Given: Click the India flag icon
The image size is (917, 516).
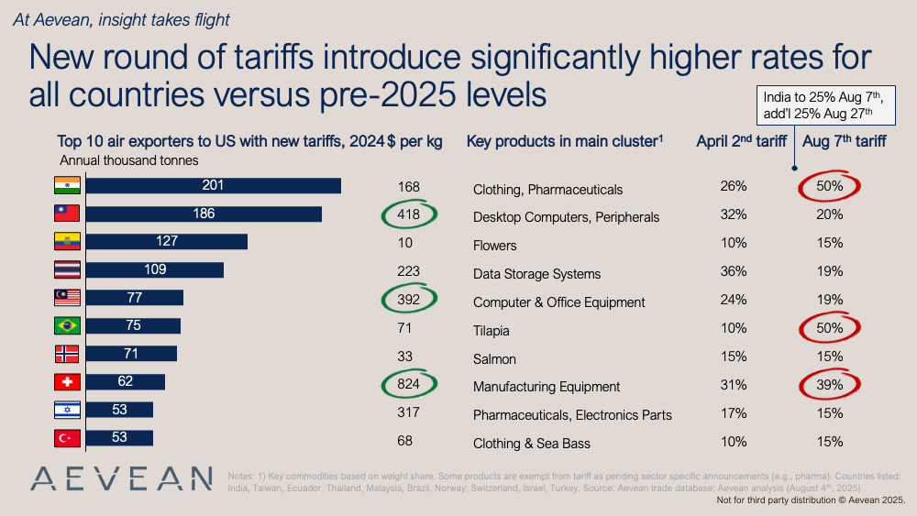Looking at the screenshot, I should click(68, 186).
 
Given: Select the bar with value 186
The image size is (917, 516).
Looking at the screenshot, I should click(204, 214).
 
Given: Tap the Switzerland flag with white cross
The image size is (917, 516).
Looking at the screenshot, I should click(68, 382).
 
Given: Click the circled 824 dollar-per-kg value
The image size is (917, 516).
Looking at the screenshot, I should click(408, 385).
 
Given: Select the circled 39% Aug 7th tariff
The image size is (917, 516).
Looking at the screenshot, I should click(829, 385).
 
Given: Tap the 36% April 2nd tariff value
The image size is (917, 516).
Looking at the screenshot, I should click(734, 273).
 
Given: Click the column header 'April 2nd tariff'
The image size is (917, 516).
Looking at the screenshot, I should click(740, 141).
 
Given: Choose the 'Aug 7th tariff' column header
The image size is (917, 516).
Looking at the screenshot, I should click(844, 141).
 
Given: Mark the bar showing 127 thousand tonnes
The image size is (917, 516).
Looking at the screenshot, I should click(167, 242).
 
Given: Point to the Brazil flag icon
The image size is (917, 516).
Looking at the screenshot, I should click(68, 326).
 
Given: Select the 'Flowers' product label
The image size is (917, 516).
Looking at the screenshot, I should click(494, 246).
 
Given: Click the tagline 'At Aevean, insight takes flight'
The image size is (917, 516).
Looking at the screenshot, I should click(121, 19).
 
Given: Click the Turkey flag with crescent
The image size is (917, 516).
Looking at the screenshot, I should click(68, 438).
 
